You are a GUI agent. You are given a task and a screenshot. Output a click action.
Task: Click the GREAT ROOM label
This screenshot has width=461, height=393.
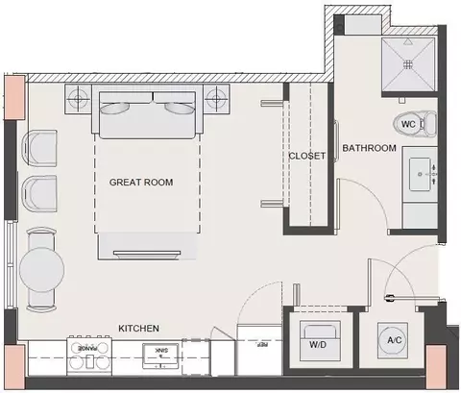141,183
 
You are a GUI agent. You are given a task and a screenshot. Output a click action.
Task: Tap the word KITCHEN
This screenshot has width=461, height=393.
138,329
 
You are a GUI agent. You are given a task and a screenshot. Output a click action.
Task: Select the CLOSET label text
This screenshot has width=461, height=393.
307,156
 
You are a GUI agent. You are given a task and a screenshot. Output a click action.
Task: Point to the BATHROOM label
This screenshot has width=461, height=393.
369,148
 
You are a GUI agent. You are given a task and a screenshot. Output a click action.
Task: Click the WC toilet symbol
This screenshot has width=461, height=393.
415,124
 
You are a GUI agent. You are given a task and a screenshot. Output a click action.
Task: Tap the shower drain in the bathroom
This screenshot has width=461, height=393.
407,64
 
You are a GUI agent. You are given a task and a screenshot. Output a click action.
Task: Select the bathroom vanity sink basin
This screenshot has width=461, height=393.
422,174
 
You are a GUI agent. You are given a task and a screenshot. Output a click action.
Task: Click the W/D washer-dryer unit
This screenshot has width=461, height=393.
319,340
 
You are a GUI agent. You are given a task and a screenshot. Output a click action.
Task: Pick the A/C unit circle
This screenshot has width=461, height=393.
394,340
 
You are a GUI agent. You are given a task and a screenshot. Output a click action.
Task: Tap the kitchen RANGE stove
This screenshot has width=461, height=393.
89,356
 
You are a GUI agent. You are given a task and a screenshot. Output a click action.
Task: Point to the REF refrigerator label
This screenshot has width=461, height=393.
262,345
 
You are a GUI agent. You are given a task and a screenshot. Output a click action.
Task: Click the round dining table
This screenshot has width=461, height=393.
41,270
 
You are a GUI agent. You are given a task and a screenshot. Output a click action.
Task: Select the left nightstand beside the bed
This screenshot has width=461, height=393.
79,99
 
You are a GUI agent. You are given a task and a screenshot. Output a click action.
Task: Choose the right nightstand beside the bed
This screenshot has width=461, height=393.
216,99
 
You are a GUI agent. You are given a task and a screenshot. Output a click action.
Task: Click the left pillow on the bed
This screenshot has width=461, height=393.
114,108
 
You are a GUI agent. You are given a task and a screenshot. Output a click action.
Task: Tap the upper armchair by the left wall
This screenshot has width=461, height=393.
39,148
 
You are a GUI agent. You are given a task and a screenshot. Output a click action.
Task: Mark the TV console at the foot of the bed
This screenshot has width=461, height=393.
147,246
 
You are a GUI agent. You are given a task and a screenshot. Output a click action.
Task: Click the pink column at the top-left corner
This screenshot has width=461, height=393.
14,97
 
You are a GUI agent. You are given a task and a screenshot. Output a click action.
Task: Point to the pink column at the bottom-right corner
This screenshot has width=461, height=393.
436,367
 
